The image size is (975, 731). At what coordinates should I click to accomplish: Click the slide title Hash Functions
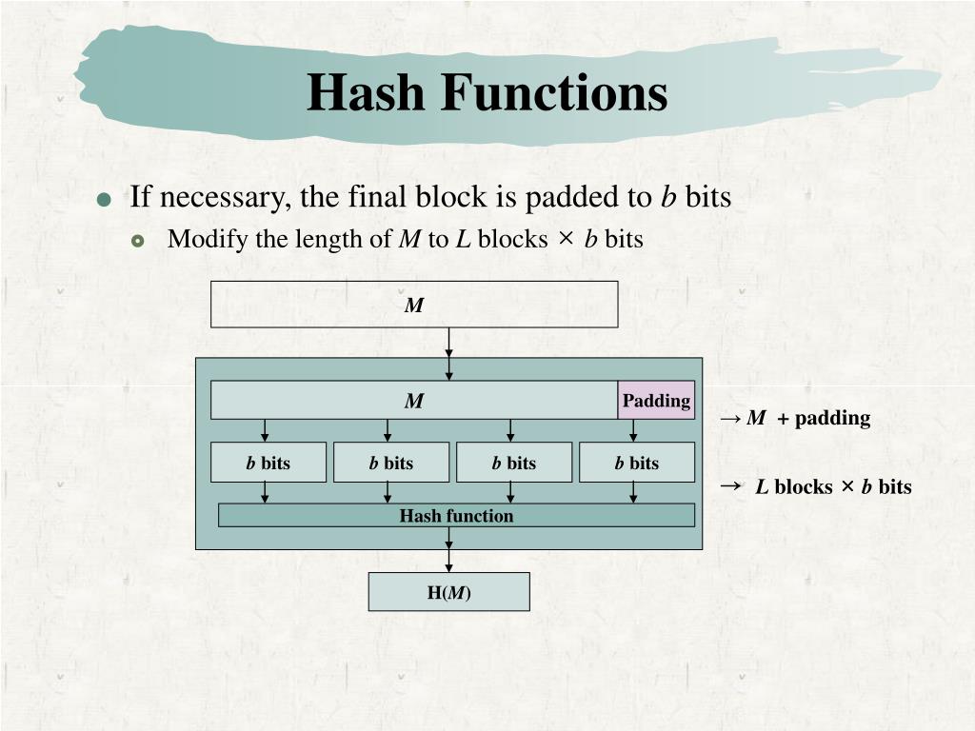(x=487, y=93)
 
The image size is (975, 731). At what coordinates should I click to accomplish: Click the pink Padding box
(x=656, y=401)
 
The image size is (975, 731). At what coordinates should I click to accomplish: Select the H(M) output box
(x=448, y=592)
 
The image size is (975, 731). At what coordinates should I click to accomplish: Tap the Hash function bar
(x=456, y=516)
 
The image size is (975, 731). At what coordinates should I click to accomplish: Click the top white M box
(x=414, y=305)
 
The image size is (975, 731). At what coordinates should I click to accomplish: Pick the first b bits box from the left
(x=269, y=463)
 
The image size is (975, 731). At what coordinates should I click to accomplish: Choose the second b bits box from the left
(x=391, y=463)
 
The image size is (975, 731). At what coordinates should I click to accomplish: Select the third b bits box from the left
(x=514, y=463)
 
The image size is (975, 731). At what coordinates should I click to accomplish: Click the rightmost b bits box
(x=637, y=463)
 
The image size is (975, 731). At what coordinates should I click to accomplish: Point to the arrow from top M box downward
(x=448, y=353)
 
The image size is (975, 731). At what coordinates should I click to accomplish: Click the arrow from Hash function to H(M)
(x=448, y=549)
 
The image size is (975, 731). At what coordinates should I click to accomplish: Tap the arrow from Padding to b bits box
(x=634, y=430)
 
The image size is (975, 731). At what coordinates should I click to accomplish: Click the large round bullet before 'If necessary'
(x=105, y=200)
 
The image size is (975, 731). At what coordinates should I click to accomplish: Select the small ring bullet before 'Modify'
(x=139, y=241)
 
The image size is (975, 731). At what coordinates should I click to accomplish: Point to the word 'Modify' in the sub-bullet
(x=198, y=239)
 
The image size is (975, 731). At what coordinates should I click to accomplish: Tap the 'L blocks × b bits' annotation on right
(x=832, y=487)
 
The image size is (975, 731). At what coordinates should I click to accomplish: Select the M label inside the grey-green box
(x=414, y=401)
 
